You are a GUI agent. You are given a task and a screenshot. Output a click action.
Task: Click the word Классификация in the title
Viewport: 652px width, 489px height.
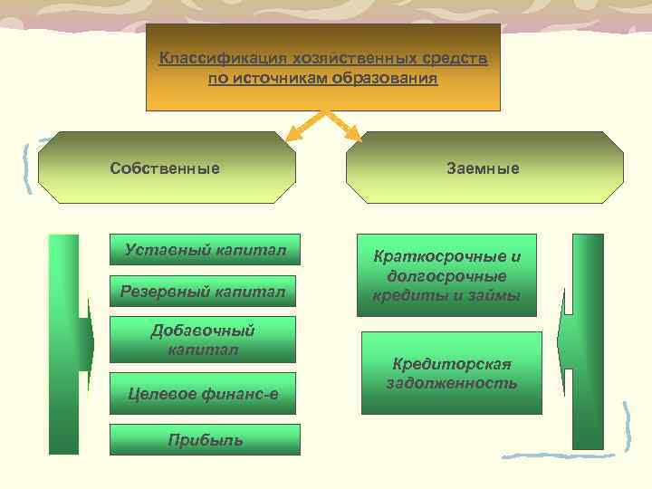202,60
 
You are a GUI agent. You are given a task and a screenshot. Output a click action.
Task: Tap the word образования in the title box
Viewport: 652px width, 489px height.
390,80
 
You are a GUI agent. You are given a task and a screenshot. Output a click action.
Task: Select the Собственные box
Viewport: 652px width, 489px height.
165,168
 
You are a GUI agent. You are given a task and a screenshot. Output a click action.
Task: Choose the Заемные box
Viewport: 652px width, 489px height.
484,168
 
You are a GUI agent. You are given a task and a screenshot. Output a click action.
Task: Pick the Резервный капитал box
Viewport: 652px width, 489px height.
203,292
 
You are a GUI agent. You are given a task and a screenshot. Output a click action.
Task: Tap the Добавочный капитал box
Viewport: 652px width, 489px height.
203,339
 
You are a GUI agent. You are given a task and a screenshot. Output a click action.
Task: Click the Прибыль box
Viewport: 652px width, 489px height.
203,440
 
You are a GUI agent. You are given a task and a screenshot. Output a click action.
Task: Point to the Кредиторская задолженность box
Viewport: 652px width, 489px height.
451,373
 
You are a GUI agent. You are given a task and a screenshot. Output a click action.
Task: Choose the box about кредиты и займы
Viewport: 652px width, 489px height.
446,275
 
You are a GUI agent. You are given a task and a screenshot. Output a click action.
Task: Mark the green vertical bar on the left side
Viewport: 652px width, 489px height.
64,344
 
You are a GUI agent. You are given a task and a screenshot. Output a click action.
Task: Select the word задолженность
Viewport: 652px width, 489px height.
452,383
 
